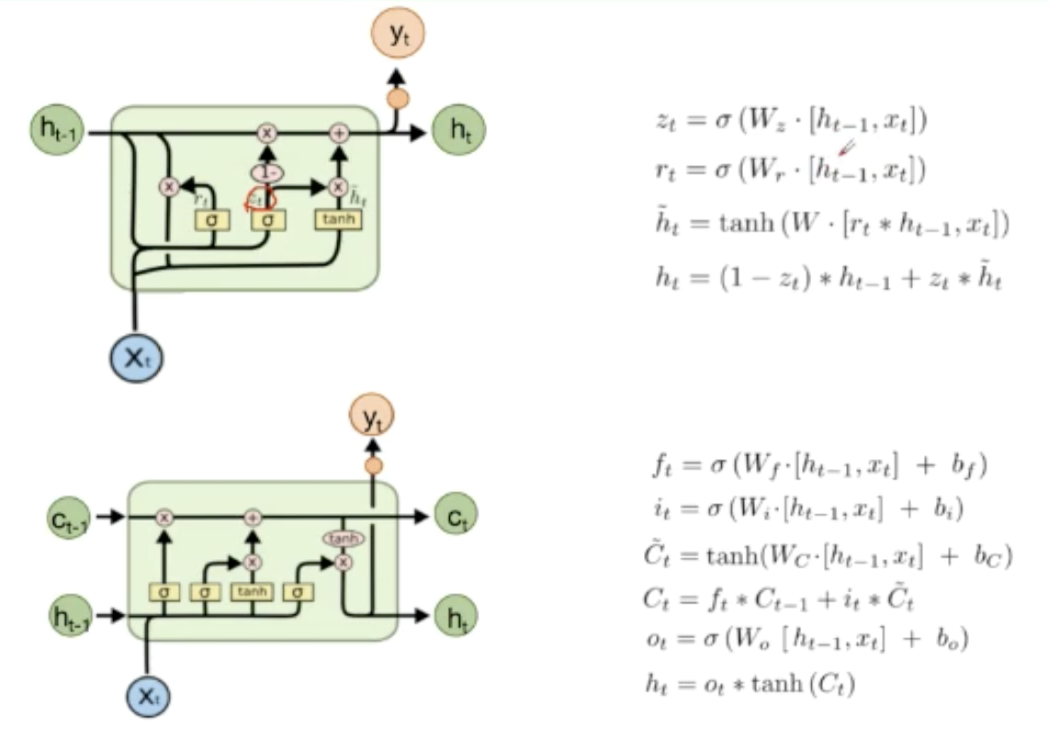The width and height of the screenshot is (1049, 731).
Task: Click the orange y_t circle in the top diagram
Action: (x=399, y=34)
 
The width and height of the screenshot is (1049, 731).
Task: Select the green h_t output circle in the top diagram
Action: (x=458, y=131)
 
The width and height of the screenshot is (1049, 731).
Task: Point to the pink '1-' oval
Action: (x=267, y=172)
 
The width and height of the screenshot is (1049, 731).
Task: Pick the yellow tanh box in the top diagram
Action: (x=338, y=220)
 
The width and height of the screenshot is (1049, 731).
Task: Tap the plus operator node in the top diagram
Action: (x=340, y=133)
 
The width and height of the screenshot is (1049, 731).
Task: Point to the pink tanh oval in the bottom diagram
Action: (x=344, y=538)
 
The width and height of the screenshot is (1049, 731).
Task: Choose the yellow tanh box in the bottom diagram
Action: (x=251, y=591)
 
